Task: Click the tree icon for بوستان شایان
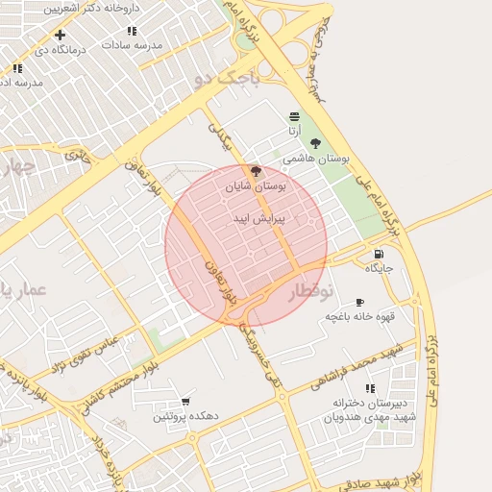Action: tap(256, 171)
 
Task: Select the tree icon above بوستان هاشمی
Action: tap(315, 143)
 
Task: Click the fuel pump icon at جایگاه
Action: tap(379, 254)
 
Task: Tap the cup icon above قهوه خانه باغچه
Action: tap(358, 302)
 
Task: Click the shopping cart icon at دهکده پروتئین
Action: tap(185, 402)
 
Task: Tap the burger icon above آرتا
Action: tap(293, 115)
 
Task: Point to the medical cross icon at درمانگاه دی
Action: tap(61, 35)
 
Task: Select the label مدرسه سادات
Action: tap(136, 45)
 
